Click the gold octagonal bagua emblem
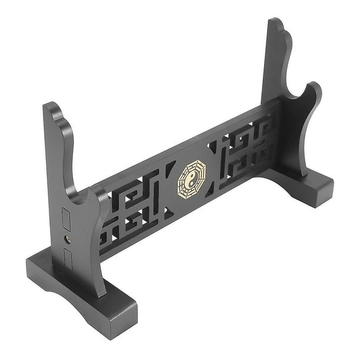(x=192, y=179)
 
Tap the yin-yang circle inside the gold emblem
(x=192, y=179)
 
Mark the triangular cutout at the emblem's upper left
(x=170, y=169)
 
